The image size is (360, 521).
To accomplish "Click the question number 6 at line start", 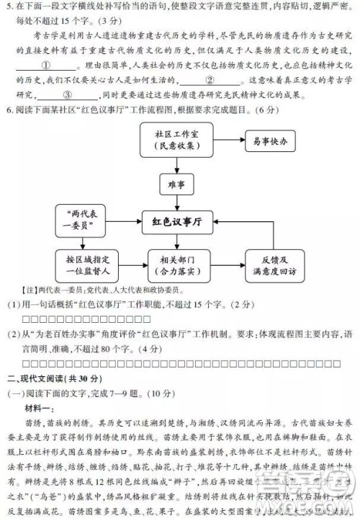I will click(x=7, y=110).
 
